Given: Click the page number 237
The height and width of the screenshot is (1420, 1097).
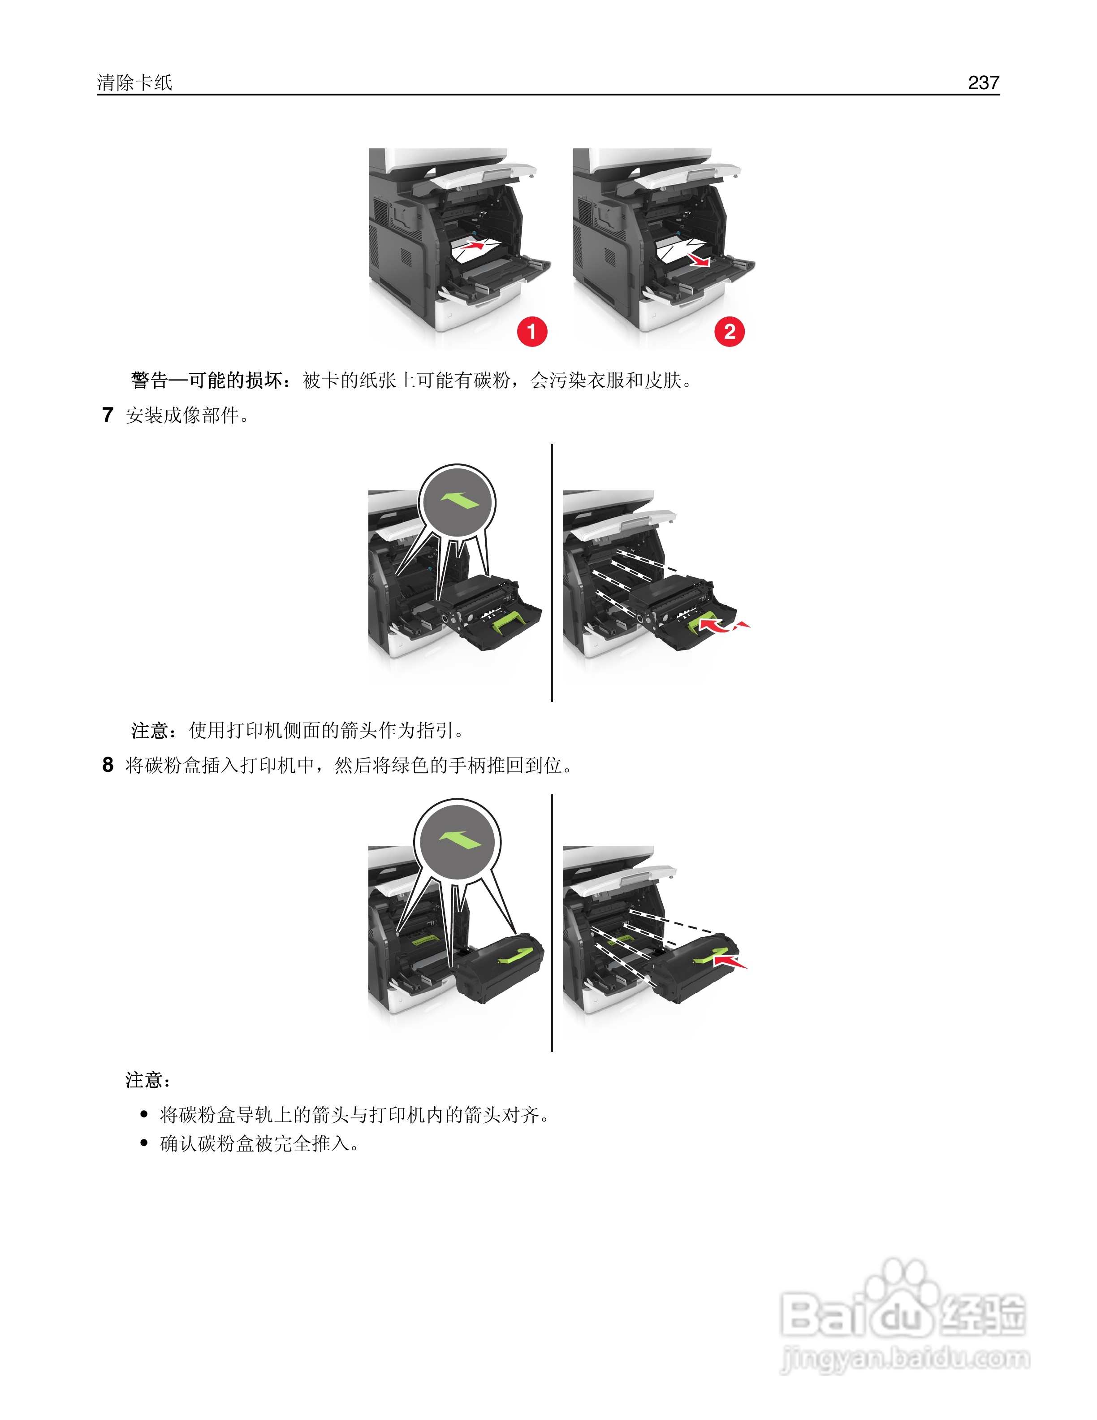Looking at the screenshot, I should pyautogui.click(x=983, y=82).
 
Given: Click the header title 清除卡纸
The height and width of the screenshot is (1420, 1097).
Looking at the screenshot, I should pyautogui.click(x=134, y=82).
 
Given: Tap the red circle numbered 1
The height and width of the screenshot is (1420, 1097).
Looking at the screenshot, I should pyautogui.click(x=531, y=332).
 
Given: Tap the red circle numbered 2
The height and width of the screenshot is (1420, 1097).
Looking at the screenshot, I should pyautogui.click(x=729, y=332).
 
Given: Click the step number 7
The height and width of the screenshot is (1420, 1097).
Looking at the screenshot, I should pyautogui.click(x=108, y=415).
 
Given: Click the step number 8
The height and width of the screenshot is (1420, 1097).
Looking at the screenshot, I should pyautogui.click(x=108, y=765).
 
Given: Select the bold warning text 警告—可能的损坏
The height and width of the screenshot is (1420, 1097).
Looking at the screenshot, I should pyautogui.click(x=207, y=381).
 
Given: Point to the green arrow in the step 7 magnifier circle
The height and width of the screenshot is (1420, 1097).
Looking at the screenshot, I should pyautogui.click(x=459, y=500).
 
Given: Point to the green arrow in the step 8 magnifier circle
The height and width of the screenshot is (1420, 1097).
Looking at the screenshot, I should pyautogui.click(x=459, y=840).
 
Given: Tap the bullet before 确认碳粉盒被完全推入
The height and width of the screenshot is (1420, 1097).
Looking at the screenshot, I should pyautogui.click(x=144, y=1143).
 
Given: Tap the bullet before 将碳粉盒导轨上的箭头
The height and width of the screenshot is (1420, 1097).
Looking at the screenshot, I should pyautogui.click(x=144, y=1114).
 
